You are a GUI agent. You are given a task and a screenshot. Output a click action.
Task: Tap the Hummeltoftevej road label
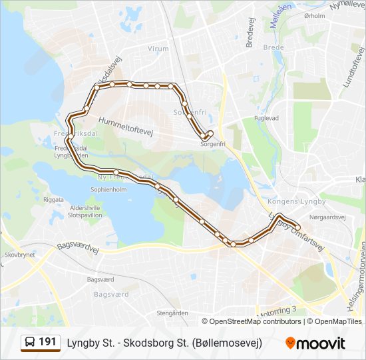(x=126, y=126)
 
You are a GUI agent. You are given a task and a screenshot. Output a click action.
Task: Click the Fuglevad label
(x=265, y=118)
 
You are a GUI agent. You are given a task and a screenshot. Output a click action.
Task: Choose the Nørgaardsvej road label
(x=328, y=217)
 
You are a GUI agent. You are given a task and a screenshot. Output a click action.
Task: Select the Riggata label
(x=53, y=199)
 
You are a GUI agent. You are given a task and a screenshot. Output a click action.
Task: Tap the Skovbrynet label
(x=19, y=255)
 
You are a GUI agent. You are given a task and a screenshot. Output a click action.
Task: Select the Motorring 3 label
(x=274, y=311)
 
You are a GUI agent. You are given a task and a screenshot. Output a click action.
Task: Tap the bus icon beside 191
(x=30, y=343)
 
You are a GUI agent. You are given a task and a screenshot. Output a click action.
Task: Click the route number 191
(x=47, y=342)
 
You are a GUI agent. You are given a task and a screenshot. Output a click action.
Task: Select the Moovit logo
(x=315, y=343)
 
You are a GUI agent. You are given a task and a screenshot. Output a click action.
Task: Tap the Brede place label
(x=273, y=48)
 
